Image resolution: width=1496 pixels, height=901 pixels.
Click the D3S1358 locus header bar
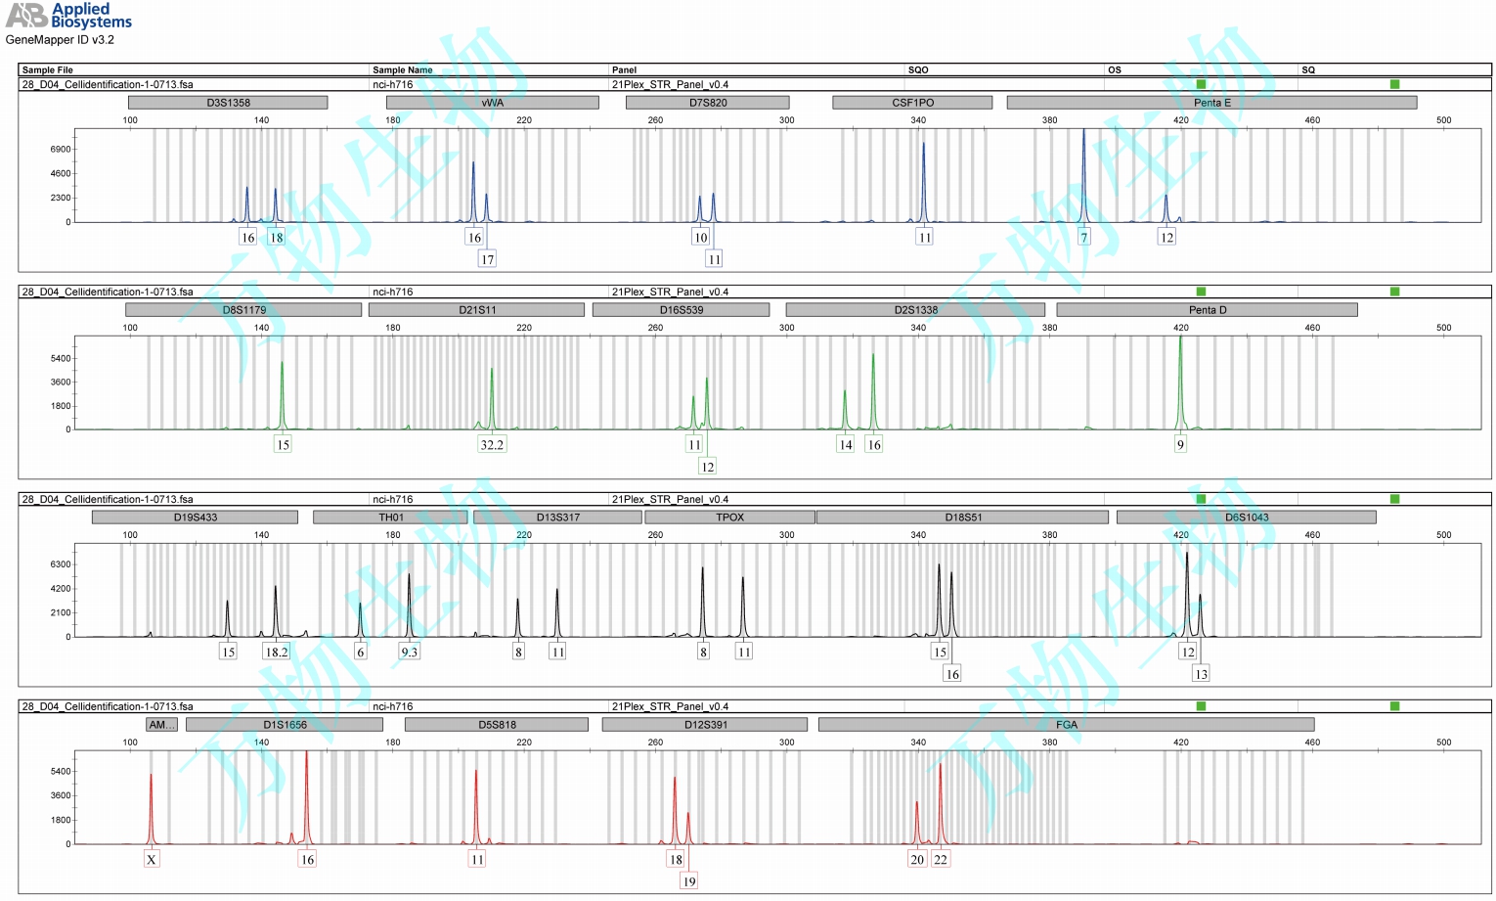click(x=228, y=103)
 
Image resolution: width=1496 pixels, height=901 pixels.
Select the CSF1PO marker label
click(x=912, y=103)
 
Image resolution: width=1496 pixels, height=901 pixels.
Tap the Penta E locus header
click(x=1211, y=103)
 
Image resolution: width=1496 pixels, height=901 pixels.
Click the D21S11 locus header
click(x=477, y=310)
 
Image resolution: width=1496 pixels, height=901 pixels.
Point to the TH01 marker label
click(x=390, y=518)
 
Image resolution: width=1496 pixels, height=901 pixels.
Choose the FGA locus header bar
click(x=1066, y=725)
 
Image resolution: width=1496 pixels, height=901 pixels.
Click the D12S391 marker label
click(x=705, y=725)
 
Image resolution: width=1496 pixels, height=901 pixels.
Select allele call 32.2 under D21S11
click(x=492, y=445)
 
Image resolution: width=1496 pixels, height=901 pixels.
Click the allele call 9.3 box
click(x=409, y=653)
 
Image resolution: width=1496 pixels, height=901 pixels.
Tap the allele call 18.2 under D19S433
click(x=277, y=653)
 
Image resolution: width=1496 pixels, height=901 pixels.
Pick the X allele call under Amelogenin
click(x=152, y=860)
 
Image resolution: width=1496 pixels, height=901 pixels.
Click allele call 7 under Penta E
click(x=1083, y=238)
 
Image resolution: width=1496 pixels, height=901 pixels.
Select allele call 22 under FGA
click(x=941, y=860)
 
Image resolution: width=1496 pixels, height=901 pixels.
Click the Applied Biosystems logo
click(x=68, y=15)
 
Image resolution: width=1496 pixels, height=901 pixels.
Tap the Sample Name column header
click(x=402, y=69)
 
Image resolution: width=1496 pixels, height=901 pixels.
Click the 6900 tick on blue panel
click(x=61, y=150)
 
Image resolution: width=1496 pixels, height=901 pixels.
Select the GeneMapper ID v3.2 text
click(x=60, y=40)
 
